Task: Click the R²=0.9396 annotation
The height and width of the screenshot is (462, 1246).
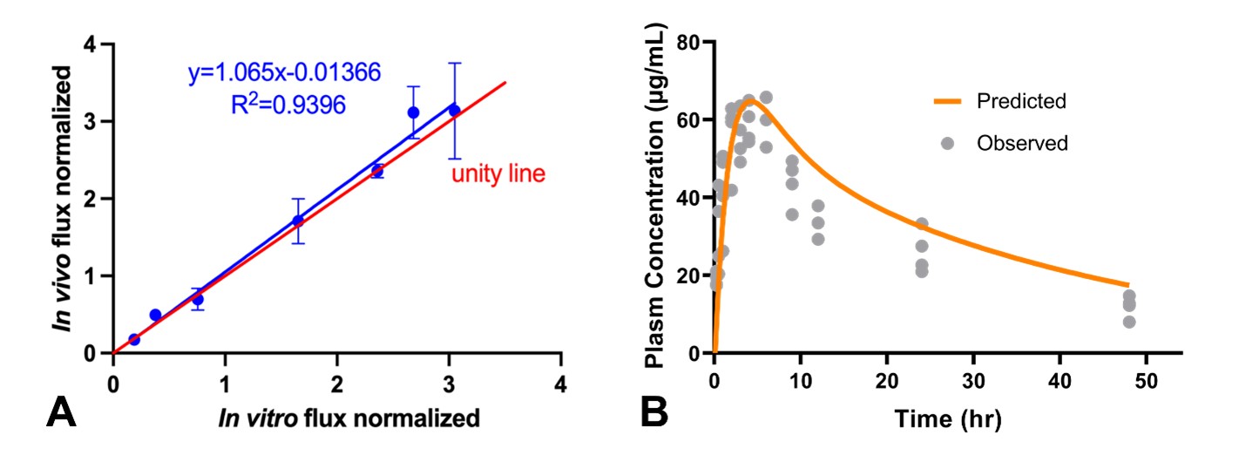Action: (x=284, y=105)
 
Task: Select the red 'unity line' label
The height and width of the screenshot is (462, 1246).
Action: (x=498, y=174)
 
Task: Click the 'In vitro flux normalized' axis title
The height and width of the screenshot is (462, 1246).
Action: (x=337, y=418)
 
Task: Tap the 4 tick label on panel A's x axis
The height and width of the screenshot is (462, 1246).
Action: (x=561, y=384)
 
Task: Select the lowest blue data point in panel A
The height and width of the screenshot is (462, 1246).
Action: (x=134, y=339)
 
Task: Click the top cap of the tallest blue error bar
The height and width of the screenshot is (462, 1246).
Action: (x=454, y=63)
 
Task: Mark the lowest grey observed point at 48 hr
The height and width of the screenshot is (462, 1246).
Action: (x=1129, y=322)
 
